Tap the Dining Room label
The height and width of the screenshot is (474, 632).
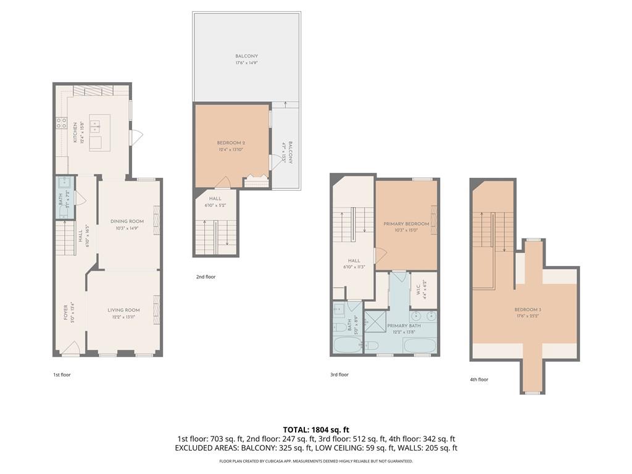(x=127, y=221)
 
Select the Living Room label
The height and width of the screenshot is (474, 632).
(x=123, y=310)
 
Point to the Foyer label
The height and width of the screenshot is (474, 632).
(x=66, y=313)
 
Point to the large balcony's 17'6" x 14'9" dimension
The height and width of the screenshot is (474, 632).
(x=246, y=63)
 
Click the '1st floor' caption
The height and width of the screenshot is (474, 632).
(x=62, y=374)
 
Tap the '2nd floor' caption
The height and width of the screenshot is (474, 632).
(x=206, y=277)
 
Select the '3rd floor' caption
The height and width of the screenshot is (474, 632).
(x=339, y=374)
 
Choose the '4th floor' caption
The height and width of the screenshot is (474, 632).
(x=478, y=380)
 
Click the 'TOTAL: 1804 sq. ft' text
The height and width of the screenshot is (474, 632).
(x=315, y=429)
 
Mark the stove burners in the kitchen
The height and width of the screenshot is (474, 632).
(x=62, y=123)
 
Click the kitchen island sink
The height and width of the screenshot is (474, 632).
(x=95, y=127)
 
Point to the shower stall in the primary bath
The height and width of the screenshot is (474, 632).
(x=374, y=321)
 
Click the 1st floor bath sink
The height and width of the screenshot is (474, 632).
(x=64, y=182)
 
